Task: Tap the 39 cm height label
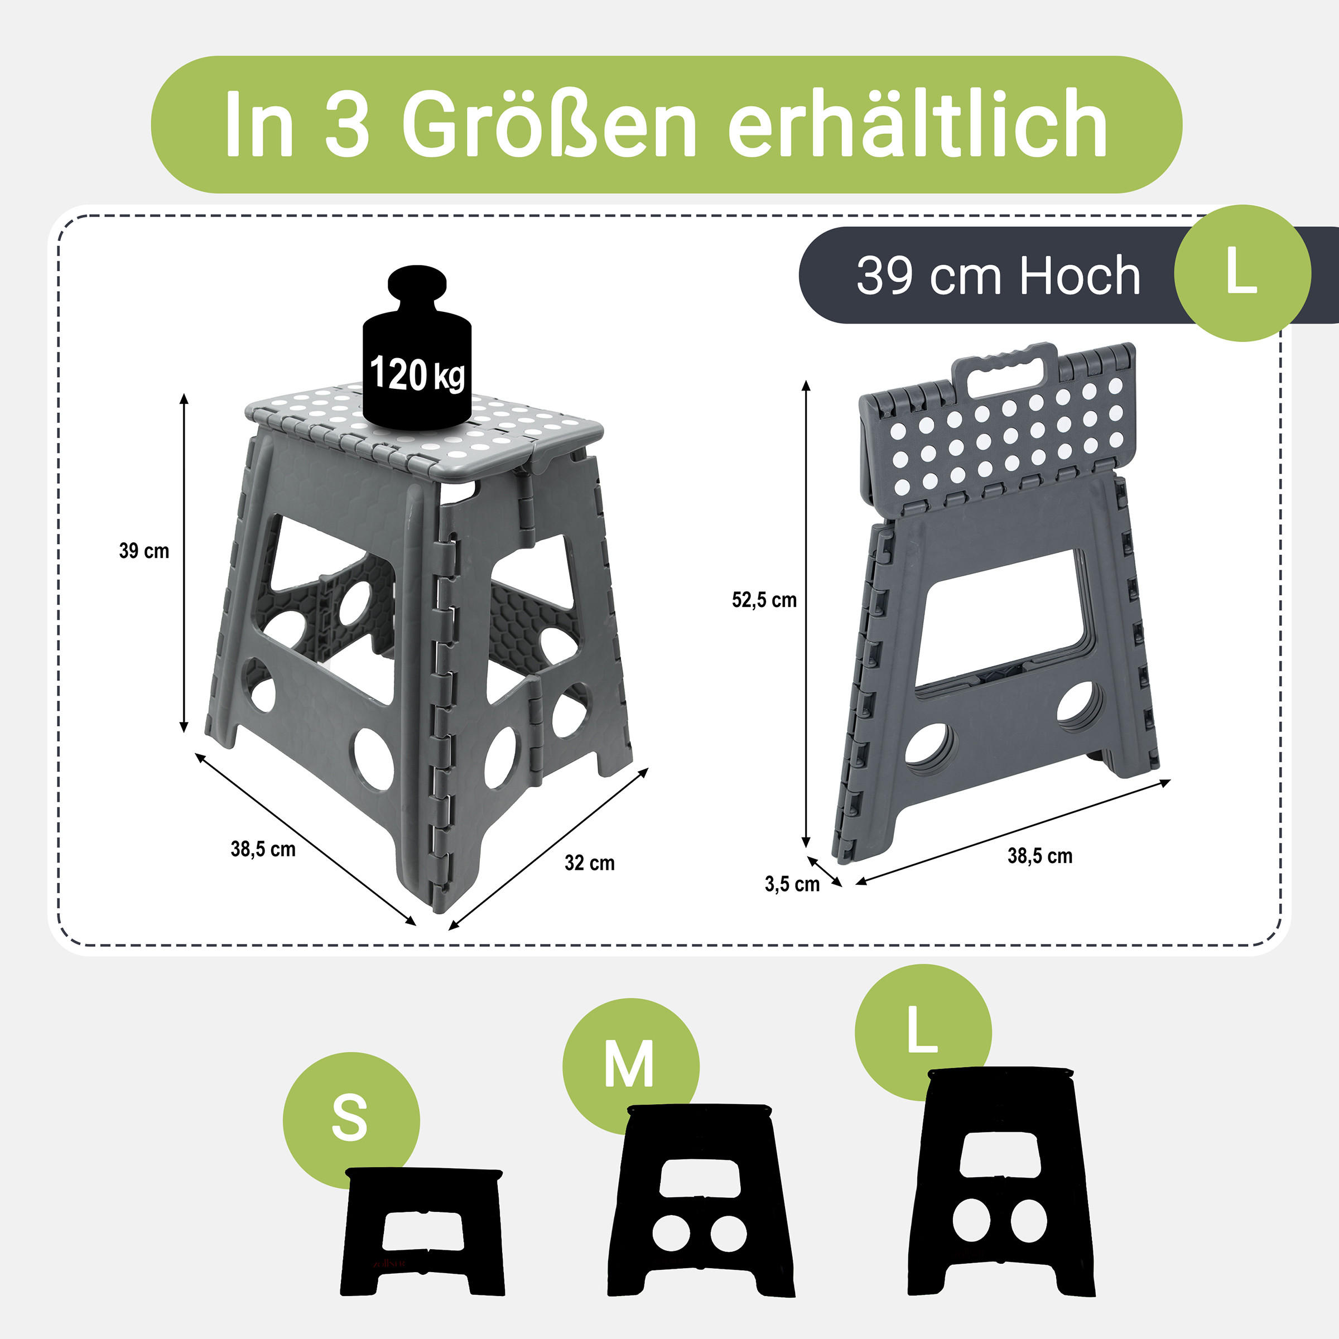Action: pyautogui.click(x=144, y=551)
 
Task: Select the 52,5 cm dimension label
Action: pyautogui.click(x=764, y=600)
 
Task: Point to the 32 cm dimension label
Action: pyautogui.click(x=590, y=863)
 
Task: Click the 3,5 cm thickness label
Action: pyautogui.click(x=792, y=884)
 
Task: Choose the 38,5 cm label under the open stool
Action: pyautogui.click(x=263, y=849)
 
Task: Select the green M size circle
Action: pyautogui.click(x=630, y=1065)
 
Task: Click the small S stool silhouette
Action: pyautogui.click(x=423, y=1231)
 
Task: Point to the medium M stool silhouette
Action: pyautogui.click(x=701, y=1201)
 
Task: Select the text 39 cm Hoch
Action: pyautogui.click(x=999, y=276)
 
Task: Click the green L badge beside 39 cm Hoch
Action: pyautogui.click(x=1242, y=273)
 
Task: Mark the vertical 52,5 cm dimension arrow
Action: pyautogui.click(x=806, y=613)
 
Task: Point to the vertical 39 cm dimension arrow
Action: pyautogui.click(x=184, y=563)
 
